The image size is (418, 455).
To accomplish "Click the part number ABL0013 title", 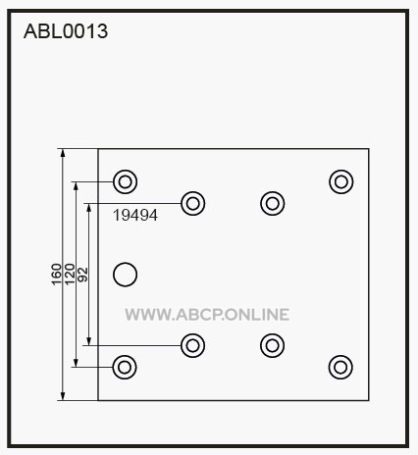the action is coord(66,31).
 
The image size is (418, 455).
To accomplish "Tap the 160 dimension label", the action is coord(57,275).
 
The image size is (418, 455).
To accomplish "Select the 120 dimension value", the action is coord(70,275).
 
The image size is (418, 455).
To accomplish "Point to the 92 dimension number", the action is coord(83,275).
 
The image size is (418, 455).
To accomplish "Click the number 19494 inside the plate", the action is coord(135,215).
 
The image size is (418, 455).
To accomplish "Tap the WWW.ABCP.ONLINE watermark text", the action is coord(207,315).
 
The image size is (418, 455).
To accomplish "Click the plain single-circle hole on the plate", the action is coord(125,275).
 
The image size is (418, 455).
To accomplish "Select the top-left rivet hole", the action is coord(125,181).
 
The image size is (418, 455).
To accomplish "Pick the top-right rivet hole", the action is coord(341,181).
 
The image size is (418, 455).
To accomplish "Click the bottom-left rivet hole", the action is coord(125,367).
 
